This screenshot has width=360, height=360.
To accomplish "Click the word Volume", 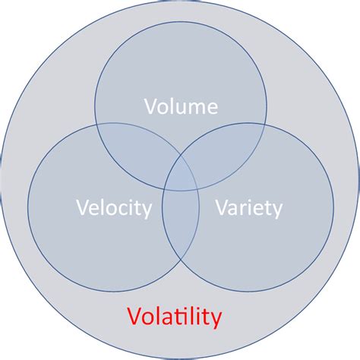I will tap(182, 106).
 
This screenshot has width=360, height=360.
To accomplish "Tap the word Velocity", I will tap(114, 207).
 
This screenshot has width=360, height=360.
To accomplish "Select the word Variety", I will tap(248, 207).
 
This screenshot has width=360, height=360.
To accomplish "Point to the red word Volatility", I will tap(174, 314).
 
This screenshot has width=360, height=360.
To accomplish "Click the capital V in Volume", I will tap(150, 106).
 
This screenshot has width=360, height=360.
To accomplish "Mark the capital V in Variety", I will tap(221, 207).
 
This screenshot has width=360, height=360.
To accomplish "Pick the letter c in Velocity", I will tap(123, 207).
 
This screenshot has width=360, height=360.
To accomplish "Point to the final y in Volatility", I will tap(216, 317).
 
